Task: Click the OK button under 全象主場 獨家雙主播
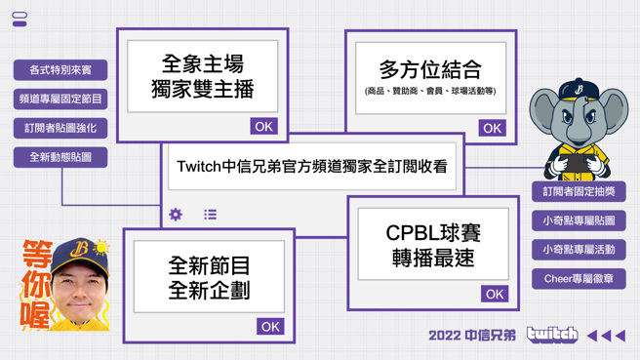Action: pyautogui.click(x=263, y=126)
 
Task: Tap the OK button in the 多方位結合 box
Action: pyautogui.click(x=492, y=128)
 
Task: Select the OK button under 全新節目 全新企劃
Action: pyautogui.click(x=270, y=327)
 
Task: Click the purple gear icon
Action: pyautogui.click(x=176, y=215)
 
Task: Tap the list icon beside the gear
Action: pyautogui.click(x=210, y=215)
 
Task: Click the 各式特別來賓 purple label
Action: pyautogui.click(x=60, y=70)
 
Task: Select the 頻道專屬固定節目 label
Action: pyautogui.click(x=60, y=100)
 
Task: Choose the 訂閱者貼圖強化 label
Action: pyautogui.click(x=60, y=128)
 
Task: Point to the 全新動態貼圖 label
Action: pyautogui.click(x=60, y=157)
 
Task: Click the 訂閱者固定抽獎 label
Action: pyautogui.click(x=579, y=192)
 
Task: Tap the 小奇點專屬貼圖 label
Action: pyautogui.click(x=579, y=221)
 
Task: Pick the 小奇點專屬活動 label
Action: pyautogui.click(x=579, y=250)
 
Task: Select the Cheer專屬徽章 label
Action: pyautogui.click(x=579, y=279)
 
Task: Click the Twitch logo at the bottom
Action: pyautogui.click(x=551, y=336)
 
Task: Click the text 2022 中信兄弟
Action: pyautogui.click(x=471, y=336)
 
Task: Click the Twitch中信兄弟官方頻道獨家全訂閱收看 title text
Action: pyautogui.click(x=311, y=167)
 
